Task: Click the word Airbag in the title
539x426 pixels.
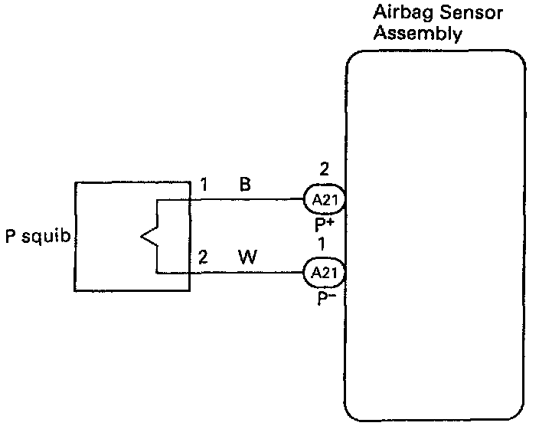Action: (398, 13)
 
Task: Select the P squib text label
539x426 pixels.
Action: (38, 236)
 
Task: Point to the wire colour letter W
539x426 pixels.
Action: (247, 257)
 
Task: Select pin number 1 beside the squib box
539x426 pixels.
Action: (204, 186)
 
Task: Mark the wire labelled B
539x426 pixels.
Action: (245, 201)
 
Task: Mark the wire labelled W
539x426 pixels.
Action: (245, 272)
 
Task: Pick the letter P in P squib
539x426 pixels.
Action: (11, 236)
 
